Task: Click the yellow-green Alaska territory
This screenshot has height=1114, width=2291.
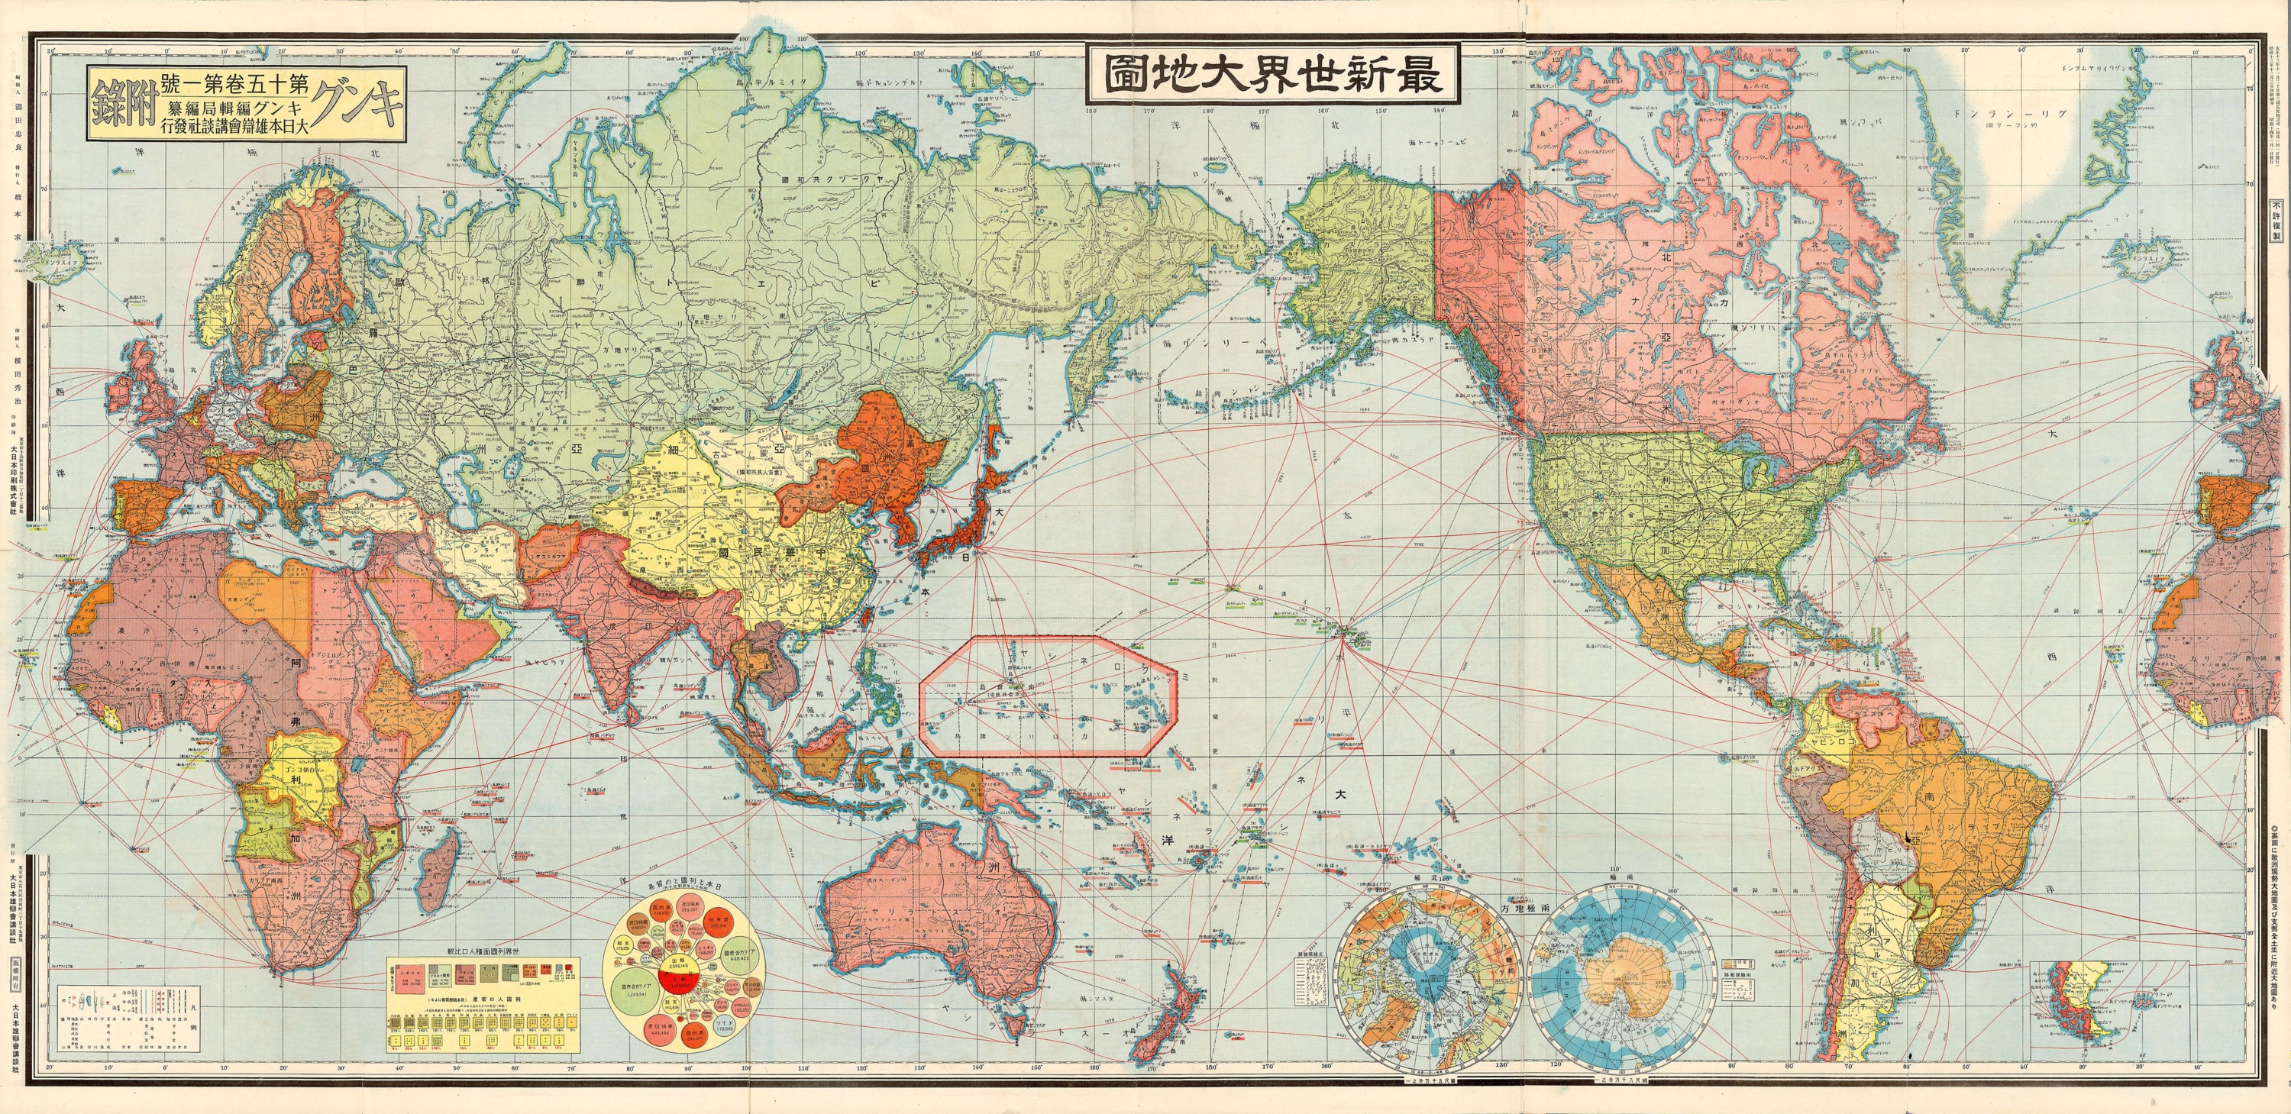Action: coord(1361,266)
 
